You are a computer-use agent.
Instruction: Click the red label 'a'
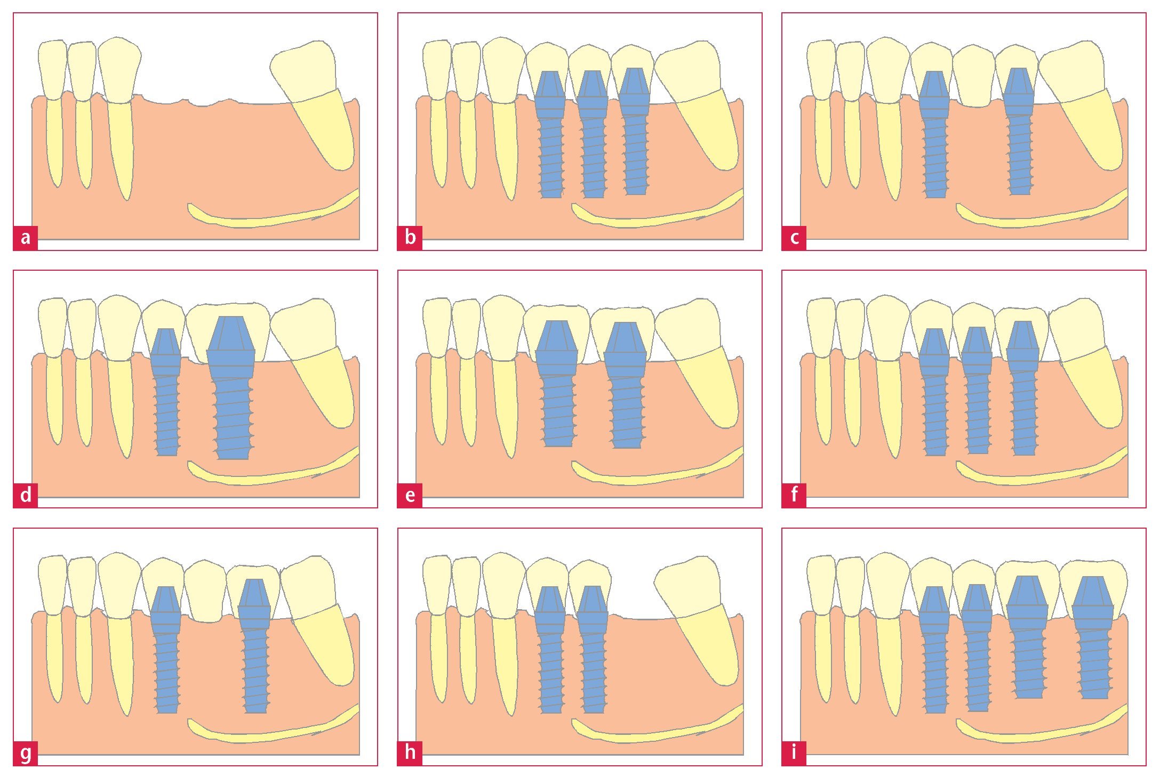click(25, 238)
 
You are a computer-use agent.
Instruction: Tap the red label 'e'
click(410, 495)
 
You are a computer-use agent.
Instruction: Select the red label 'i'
click(794, 752)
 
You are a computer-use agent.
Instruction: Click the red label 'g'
click(25, 752)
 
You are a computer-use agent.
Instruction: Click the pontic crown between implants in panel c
click(974, 77)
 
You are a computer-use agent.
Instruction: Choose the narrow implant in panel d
click(166, 394)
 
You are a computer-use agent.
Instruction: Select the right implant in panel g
click(255, 650)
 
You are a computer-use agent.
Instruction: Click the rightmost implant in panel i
click(1093, 640)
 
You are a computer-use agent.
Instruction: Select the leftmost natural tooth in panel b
click(437, 107)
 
